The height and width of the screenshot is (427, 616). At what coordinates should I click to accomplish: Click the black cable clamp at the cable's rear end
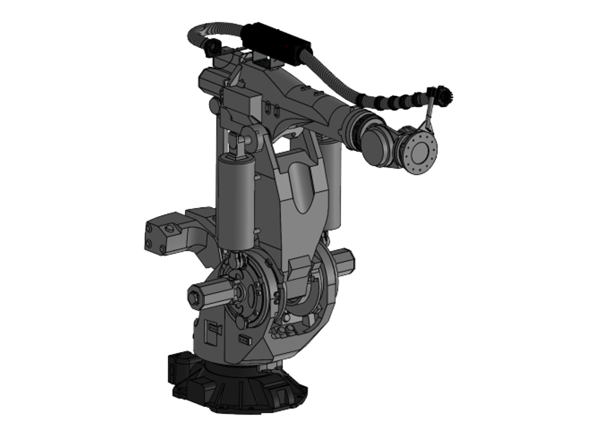click(211, 49)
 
